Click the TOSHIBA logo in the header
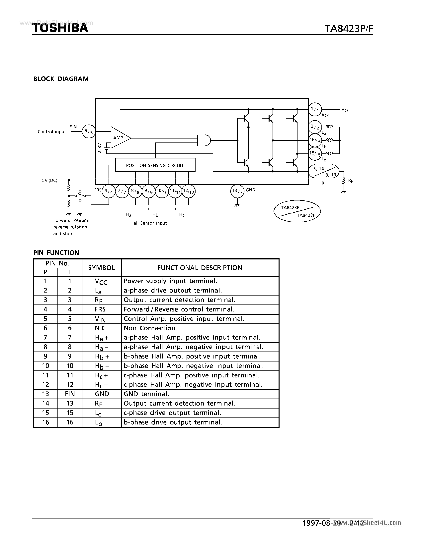(60, 28)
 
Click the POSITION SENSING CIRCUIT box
(155, 165)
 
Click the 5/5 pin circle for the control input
(89, 131)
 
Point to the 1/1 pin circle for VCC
(315, 109)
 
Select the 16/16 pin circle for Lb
(315, 140)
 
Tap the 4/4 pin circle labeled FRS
(109, 192)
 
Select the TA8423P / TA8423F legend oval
(297, 211)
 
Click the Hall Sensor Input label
(148, 223)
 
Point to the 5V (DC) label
(50, 180)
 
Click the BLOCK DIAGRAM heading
(61, 79)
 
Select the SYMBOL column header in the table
(102, 268)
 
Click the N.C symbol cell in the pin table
(100, 328)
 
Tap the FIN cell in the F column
(70, 394)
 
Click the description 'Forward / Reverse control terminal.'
(179, 309)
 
